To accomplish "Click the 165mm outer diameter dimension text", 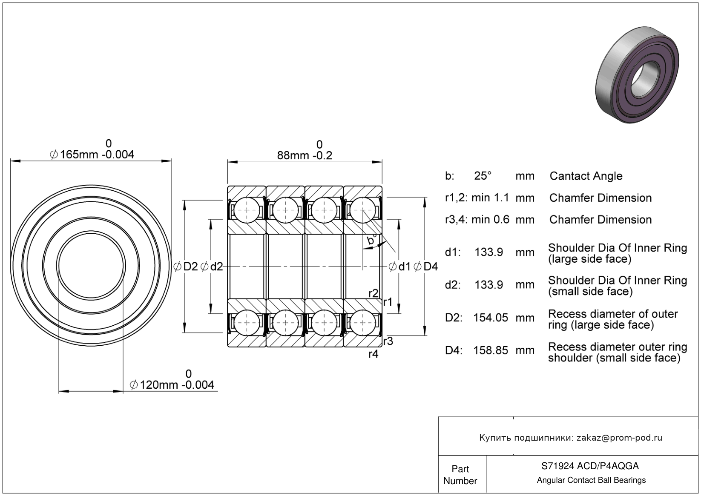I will click(97, 155).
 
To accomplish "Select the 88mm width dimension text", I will click(305, 155).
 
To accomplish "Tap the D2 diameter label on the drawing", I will click(190, 267).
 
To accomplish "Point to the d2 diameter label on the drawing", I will click(216, 267).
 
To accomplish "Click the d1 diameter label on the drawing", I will click(404, 267).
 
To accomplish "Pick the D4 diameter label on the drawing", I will click(431, 267).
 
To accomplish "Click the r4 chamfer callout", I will click(373, 354).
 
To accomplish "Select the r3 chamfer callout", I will click(388, 341).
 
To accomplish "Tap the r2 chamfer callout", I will click(373, 293).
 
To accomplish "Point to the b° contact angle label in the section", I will click(372, 241).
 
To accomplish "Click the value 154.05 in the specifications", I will click(491, 318).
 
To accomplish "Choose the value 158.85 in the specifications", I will click(491, 350).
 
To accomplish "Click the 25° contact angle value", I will click(483, 176).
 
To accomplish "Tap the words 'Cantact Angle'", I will click(586, 176).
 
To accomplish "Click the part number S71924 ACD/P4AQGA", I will click(590, 466).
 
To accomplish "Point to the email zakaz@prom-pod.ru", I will click(619, 438).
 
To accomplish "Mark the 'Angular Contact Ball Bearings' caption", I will click(591, 480).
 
